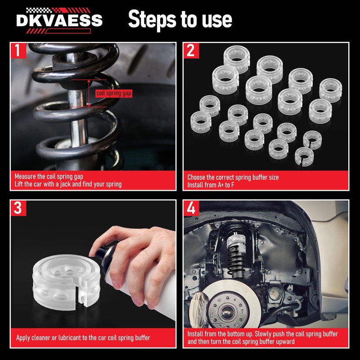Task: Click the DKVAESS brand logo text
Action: (x=59, y=20)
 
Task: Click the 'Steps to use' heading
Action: (x=180, y=19)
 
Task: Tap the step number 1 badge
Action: (x=18, y=50)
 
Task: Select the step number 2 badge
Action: (x=191, y=50)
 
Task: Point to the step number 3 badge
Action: (x=18, y=208)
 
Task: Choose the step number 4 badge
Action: (x=191, y=208)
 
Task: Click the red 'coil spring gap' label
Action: (x=114, y=93)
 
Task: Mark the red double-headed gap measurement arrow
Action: (x=89, y=93)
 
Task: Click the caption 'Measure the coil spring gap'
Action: (x=49, y=176)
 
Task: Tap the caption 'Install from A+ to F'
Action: (x=211, y=185)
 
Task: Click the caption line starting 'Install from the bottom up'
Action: (x=263, y=334)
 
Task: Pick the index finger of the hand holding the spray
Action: (x=108, y=237)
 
